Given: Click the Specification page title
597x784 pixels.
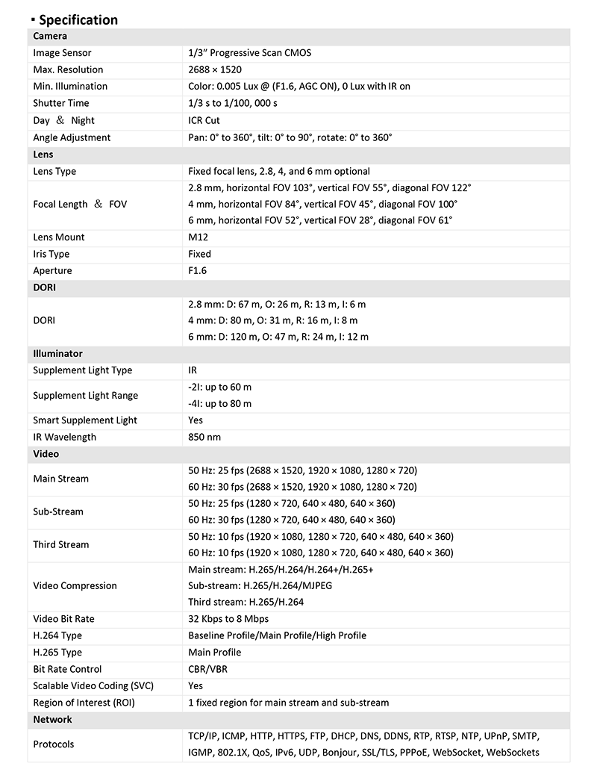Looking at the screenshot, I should (x=78, y=20).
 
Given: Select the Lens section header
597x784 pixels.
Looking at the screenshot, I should (x=44, y=155).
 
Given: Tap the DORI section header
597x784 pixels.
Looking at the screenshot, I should (x=45, y=287).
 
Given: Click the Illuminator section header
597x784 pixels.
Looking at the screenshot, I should (x=57, y=354).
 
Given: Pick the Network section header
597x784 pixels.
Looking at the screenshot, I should (x=52, y=719).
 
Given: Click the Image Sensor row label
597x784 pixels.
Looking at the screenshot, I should (x=62, y=53).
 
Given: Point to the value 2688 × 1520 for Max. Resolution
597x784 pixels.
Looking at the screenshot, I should (x=215, y=69).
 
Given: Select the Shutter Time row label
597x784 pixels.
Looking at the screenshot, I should (x=60, y=103).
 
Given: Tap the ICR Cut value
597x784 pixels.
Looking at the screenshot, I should (x=204, y=120).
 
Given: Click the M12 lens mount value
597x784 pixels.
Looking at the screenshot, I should (x=198, y=237).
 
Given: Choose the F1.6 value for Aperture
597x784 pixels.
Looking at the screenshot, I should (x=198, y=270).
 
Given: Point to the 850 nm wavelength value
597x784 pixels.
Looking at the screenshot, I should (x=204, y=437).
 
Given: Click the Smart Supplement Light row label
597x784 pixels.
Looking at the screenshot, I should (x=85, y=420).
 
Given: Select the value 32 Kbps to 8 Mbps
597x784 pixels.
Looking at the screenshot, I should (x=228, y=619).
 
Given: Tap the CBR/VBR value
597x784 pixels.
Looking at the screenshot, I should (x=207, y=669).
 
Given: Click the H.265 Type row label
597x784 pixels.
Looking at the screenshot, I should (x=57, y=653).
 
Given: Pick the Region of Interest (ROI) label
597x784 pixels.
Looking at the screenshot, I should (x=84, y=703).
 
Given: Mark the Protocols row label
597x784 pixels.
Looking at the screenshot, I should (x=54, y=744).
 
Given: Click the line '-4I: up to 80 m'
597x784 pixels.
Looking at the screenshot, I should (x=220, y=404).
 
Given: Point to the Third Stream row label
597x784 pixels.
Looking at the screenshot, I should (x=60, y=544).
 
